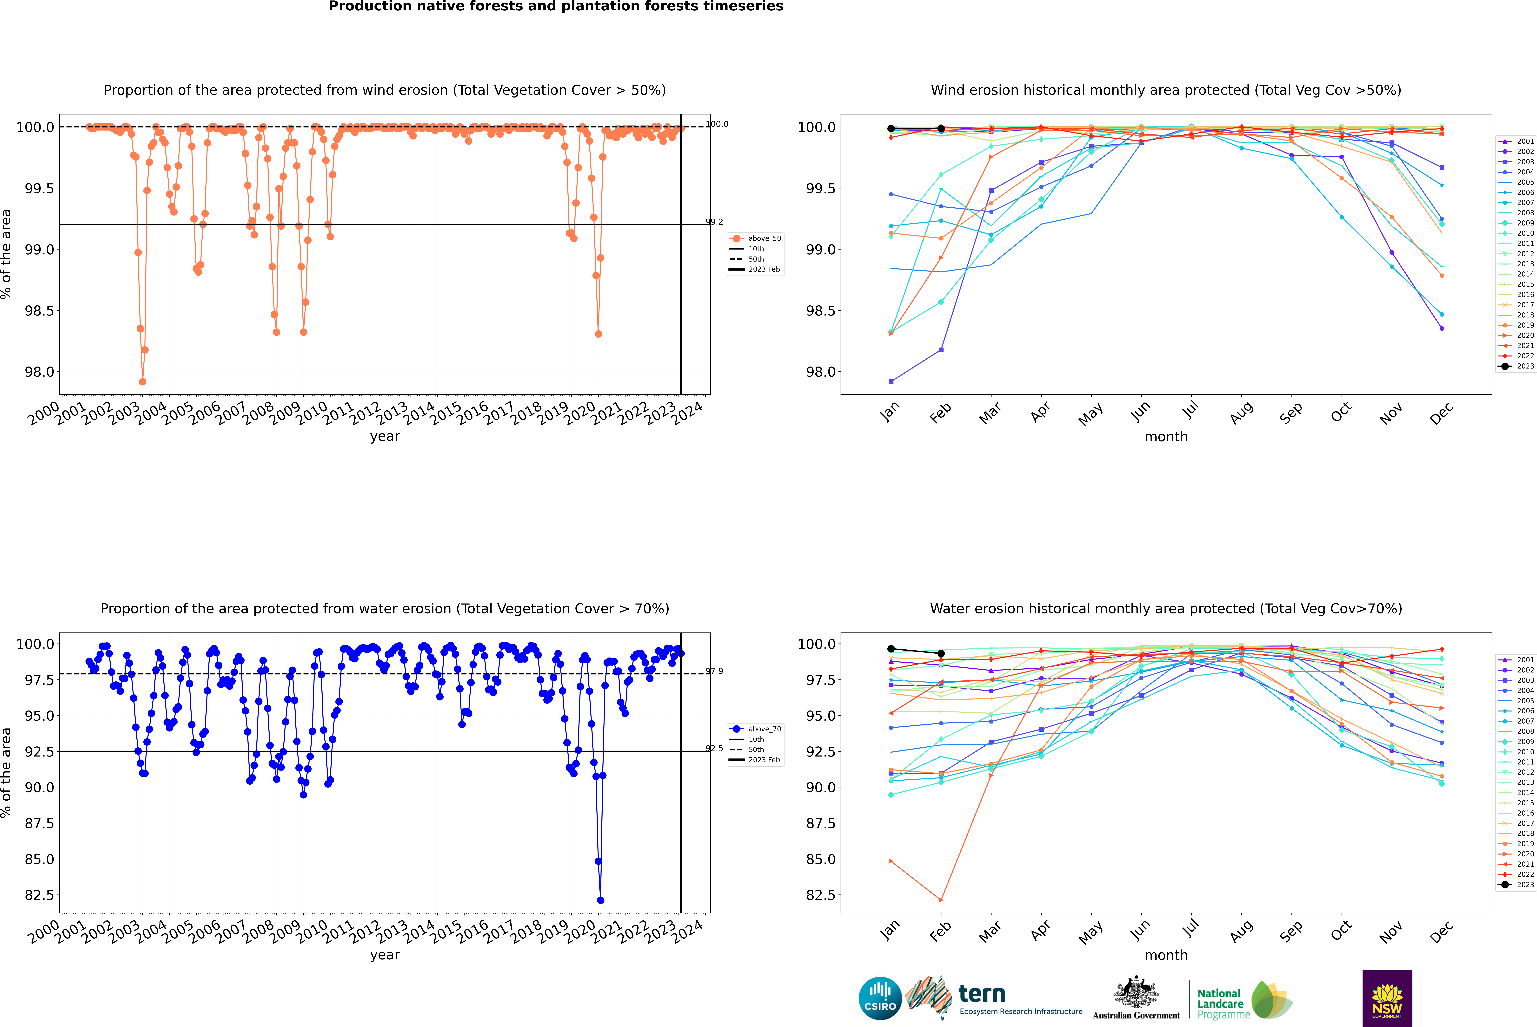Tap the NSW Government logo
click(1387, 998)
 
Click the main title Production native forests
click(556, 7)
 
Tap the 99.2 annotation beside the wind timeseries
click(714, 222)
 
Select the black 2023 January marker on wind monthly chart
click(891, 129)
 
